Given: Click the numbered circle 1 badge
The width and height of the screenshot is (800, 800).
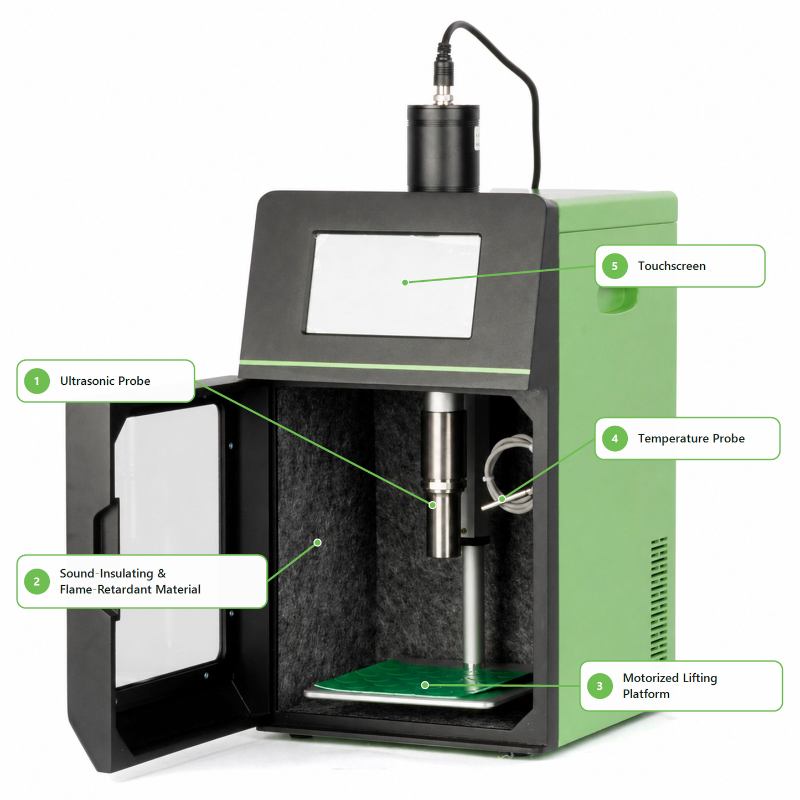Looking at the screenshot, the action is pos(37,381).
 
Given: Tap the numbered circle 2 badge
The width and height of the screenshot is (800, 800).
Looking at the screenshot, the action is pos(37,581).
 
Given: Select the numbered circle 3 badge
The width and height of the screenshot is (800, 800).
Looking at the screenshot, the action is pos(600,686).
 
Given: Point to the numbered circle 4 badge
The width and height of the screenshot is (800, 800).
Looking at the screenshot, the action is pos(615,438).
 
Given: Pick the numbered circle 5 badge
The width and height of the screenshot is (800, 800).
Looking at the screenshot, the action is pos(615,266).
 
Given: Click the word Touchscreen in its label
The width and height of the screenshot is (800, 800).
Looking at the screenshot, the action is pos(672,266).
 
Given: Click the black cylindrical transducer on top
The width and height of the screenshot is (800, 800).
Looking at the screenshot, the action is pos(443,148).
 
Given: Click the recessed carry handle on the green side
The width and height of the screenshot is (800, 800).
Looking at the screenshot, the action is pos(617,300).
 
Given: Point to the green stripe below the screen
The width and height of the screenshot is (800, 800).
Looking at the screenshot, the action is pos(385,367).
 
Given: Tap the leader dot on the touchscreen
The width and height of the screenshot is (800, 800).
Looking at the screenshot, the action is pos(405,282).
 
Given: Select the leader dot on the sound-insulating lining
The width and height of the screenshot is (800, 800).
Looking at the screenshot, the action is pos(318,542).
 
